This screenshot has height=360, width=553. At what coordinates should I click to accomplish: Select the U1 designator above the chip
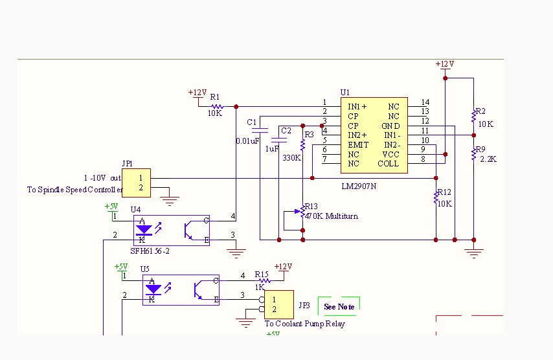pyautogui.click(x=344, y=93)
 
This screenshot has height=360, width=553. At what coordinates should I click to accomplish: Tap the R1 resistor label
pyautogui.click(x=214, y=97)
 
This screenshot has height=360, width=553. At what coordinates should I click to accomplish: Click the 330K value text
pyautogui.click(x=291, y=157)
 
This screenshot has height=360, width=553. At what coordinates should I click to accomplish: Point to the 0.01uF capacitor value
pyautogui.click(x=247, y=141)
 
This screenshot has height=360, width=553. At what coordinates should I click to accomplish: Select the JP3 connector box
pyautogui.click(x=278, y=304)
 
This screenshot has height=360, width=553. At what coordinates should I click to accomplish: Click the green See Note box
pyautogui.click(x=339, y=306)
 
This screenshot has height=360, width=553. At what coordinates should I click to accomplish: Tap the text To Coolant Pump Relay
pyautogui.click(x=304, y=324)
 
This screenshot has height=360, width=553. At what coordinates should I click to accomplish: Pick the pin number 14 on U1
pyautogui.click(x=425, y=102)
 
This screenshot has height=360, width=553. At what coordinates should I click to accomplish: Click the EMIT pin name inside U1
pyautogui.click(x=358, y=144)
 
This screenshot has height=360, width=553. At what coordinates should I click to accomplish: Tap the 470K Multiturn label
pyautogui.click(x=332, y=216)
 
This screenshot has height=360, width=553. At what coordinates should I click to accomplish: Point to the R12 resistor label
pyautogui.click(x=444, y=192)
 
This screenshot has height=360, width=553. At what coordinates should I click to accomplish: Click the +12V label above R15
pyautogui.click(x=283, y=267)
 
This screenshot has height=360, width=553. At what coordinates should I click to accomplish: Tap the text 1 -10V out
pyautogui.click(x=102, y=177)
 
